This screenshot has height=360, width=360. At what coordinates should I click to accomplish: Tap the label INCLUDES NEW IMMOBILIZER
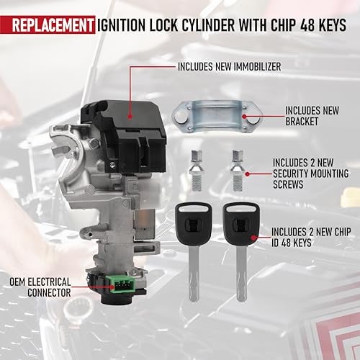[229, 66]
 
